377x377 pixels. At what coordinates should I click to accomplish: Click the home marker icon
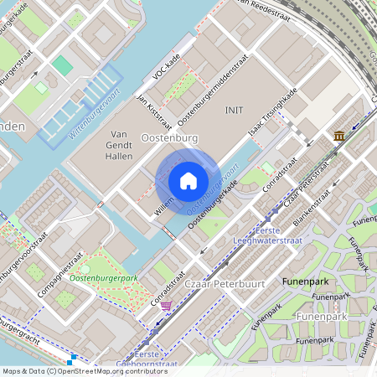point(188,180)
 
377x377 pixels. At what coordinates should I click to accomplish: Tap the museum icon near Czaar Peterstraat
point(338,136)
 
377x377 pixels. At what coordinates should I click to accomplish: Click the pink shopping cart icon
point(166,306)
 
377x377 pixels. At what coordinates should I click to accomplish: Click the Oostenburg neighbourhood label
point(170,137)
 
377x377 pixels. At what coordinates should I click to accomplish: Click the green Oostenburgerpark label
point(104,277)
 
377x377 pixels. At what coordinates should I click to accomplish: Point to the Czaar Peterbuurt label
point(226,284)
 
